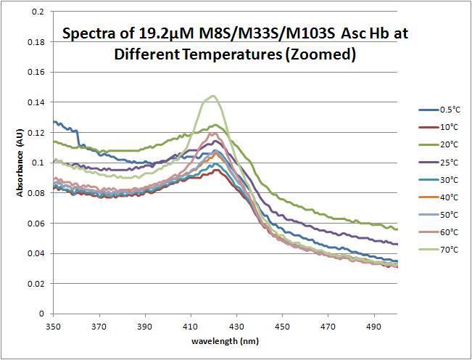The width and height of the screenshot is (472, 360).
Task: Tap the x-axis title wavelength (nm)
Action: (x=225, y=340)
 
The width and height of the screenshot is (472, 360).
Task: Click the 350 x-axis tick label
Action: (x=53, y=327)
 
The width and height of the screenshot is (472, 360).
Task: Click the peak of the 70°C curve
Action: (x=213, y=95)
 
